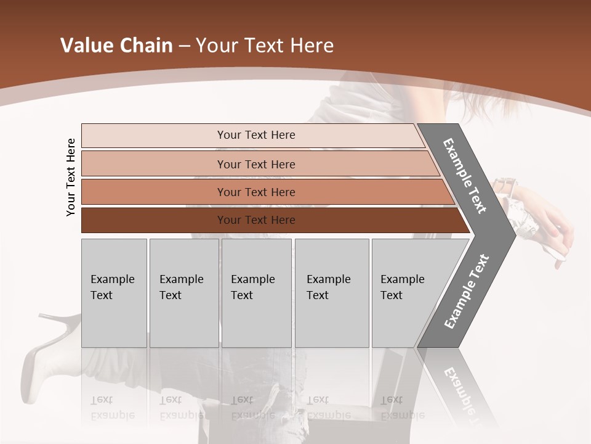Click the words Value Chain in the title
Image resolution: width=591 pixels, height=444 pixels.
116,46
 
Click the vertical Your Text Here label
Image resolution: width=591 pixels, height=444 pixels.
71,177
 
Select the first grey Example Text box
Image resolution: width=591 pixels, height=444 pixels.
114,292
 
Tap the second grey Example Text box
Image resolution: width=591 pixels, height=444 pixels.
183,292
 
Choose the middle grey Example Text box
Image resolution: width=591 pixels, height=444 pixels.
256,292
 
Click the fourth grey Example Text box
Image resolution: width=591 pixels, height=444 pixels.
331,292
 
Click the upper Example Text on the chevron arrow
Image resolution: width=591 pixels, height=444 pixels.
464,176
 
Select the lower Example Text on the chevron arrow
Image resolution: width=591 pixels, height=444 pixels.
466,292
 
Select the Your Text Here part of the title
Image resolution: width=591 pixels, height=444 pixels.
265,46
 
